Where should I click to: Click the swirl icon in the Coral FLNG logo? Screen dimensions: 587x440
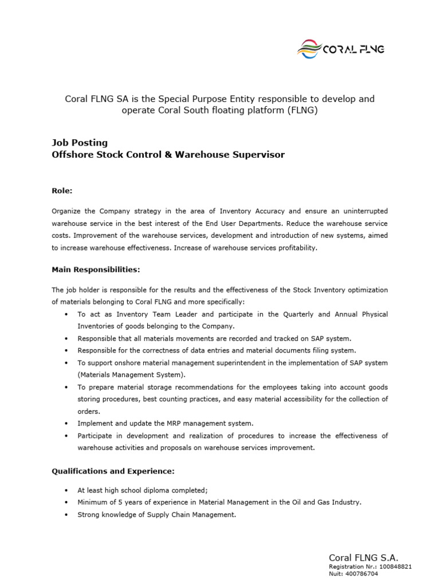[x=309, y=49]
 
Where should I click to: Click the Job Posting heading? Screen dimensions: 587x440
[x=80, y=143]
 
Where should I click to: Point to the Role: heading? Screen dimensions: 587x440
[x=62, y=190]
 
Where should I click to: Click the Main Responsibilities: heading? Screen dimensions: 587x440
[x=96, y=269]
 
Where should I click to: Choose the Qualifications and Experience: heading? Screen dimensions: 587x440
[x=113, y=471]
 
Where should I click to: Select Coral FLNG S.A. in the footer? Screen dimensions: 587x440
[x=363, y=557]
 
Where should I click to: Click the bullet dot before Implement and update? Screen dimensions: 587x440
[x=67, y=424]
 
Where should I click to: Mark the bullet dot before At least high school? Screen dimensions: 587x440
[x=67, y=491]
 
